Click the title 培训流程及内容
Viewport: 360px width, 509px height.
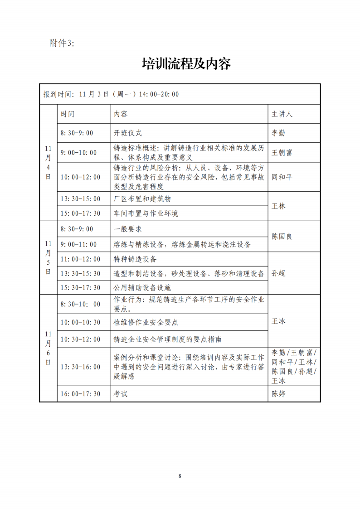click(x=186, y=64)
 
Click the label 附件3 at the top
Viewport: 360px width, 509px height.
click(x=61, y=44)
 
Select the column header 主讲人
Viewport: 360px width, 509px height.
click(x=282, y=114)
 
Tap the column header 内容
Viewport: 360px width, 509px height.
click(x=121, y=114)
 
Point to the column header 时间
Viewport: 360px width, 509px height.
click(x=68, y=114)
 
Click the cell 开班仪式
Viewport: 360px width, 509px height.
click(x=127, y=133)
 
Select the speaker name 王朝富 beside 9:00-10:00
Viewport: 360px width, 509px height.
click(x=282, y=153)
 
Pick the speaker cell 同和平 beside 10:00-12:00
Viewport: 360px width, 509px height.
click(x=282, y=177)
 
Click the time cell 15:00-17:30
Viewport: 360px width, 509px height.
click(x=80, y=213)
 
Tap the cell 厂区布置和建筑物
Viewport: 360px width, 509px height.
click(x=142, y=199)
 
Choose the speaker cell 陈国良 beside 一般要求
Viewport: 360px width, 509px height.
click(x=282, y=237)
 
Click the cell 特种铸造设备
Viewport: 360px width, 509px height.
click(x=135, y=259)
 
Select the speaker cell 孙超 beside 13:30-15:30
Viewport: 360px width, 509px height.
click(x=278, y=273)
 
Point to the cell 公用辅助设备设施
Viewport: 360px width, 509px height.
click(x=142, y=288)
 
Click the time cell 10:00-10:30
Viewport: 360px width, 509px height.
click(x=80, y=322)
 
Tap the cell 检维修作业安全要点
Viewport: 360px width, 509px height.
click(x=146, y=322)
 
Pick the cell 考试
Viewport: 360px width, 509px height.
click(x=121, y=394)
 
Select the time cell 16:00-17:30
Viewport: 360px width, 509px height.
click(x=80, y=394)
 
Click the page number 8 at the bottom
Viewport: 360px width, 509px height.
click(x=180, y=476)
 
